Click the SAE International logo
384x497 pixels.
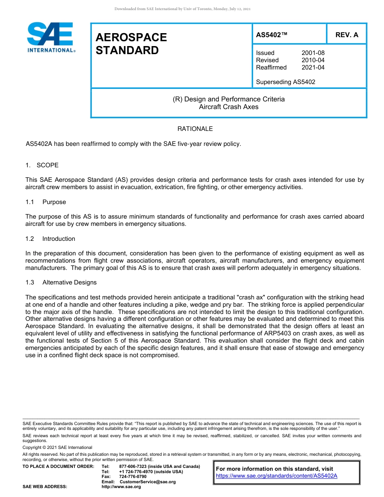click(x=50, y=37)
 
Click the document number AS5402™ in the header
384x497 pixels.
click(x=272, y=35)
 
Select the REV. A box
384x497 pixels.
click(x=346, y=35)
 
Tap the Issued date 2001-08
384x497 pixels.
click(x=313, y=53)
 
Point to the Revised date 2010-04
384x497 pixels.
click(x=313, y=60)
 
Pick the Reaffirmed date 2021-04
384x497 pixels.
click(x=313, y=67)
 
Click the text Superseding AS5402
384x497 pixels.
click(x=285, y=82)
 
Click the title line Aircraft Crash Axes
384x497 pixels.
click(x=228, y=107)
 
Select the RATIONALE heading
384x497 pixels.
click(x=195, y=129)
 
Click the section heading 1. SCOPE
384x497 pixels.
click(x=42, y=165)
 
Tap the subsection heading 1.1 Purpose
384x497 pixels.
click(x=45, y=202)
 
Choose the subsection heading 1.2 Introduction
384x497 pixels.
click(x=50, y=239)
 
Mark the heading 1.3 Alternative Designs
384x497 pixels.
click(x=61, y=282)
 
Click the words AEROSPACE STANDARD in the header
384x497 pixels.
click(x=131, y=44)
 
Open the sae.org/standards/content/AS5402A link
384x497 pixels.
click(x=276, y=476)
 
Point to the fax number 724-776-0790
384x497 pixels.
click(x=133, y=477)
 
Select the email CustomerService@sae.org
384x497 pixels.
click(x=148, y=482)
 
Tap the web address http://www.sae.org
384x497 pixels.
click(x=121, y=487)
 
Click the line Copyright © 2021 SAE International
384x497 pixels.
click(x=57, y=448)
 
